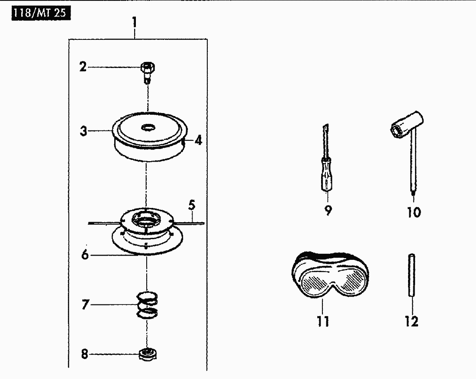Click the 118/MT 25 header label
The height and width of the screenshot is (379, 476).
[x=41, y=14]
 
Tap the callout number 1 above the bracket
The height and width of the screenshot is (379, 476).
[x=134, y=23]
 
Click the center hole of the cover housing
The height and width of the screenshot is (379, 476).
[x=149, y=127]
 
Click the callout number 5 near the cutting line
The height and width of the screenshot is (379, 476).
[x=192, y=205]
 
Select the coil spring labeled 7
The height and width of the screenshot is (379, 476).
[x=147, y=305]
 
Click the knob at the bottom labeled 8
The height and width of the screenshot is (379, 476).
[x=148, y=354]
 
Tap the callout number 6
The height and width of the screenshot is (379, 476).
[x=85, y=254]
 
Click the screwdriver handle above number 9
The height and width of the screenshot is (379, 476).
[x=326, y=175]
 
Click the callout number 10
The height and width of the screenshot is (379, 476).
[x=414, y=212]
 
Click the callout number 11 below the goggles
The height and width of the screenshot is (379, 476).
[x=323, y=321]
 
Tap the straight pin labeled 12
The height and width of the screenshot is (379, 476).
[x=412, y=275]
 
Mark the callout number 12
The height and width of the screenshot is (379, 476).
[x=412, y=321]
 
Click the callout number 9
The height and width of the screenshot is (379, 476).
[x=328, y=211]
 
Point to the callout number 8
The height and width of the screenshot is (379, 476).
[x=85, y=354]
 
